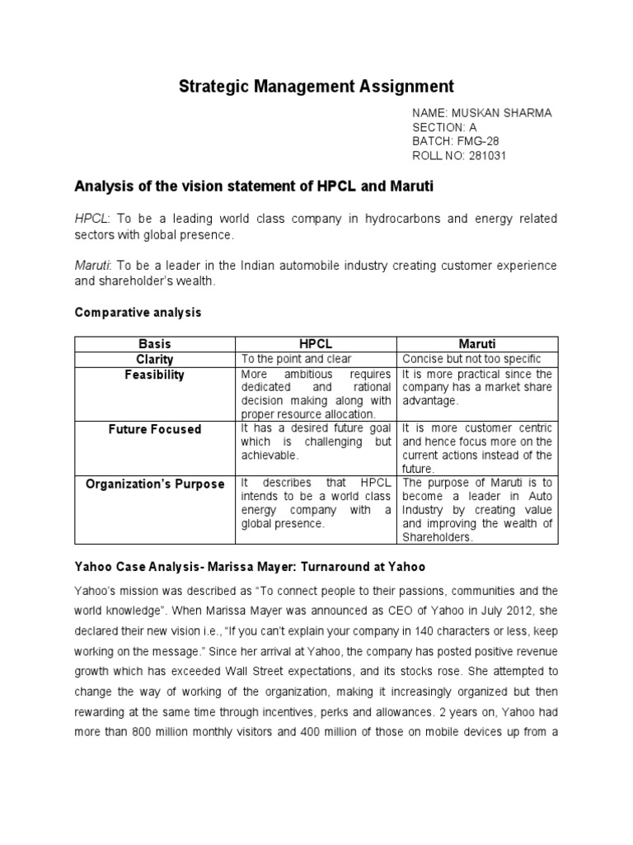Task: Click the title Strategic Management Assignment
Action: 316,86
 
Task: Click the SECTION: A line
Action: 444,127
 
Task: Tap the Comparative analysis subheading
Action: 138,313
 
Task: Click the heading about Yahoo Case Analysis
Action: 249,568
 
